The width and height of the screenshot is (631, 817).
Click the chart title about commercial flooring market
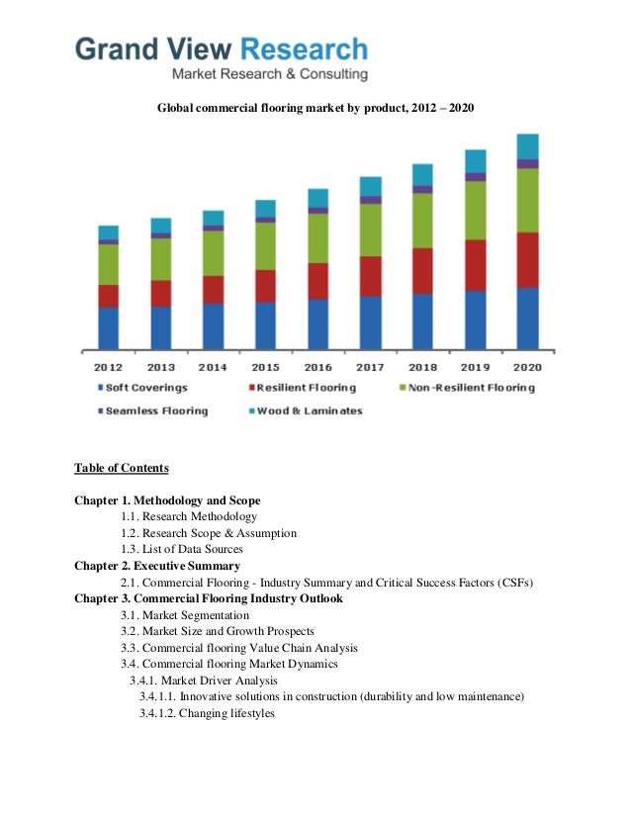point(316,105)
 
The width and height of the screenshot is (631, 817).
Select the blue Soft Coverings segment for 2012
point(108,327)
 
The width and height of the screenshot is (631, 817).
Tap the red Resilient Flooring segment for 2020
point(528,259)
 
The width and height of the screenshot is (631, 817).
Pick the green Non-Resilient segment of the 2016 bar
point(317,237)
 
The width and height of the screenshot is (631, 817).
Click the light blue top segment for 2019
point(476,160)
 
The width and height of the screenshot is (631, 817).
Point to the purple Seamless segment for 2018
point(422,189)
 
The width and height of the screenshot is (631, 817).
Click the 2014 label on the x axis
point(213,367)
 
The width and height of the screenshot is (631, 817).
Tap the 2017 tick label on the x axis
point(370,367)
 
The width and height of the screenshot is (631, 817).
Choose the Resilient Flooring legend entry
point(300,388)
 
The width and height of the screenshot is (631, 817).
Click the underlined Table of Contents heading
point(122,468)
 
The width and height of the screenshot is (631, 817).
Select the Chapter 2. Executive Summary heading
point(157,566)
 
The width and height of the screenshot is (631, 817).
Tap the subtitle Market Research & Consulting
point(270,74)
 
